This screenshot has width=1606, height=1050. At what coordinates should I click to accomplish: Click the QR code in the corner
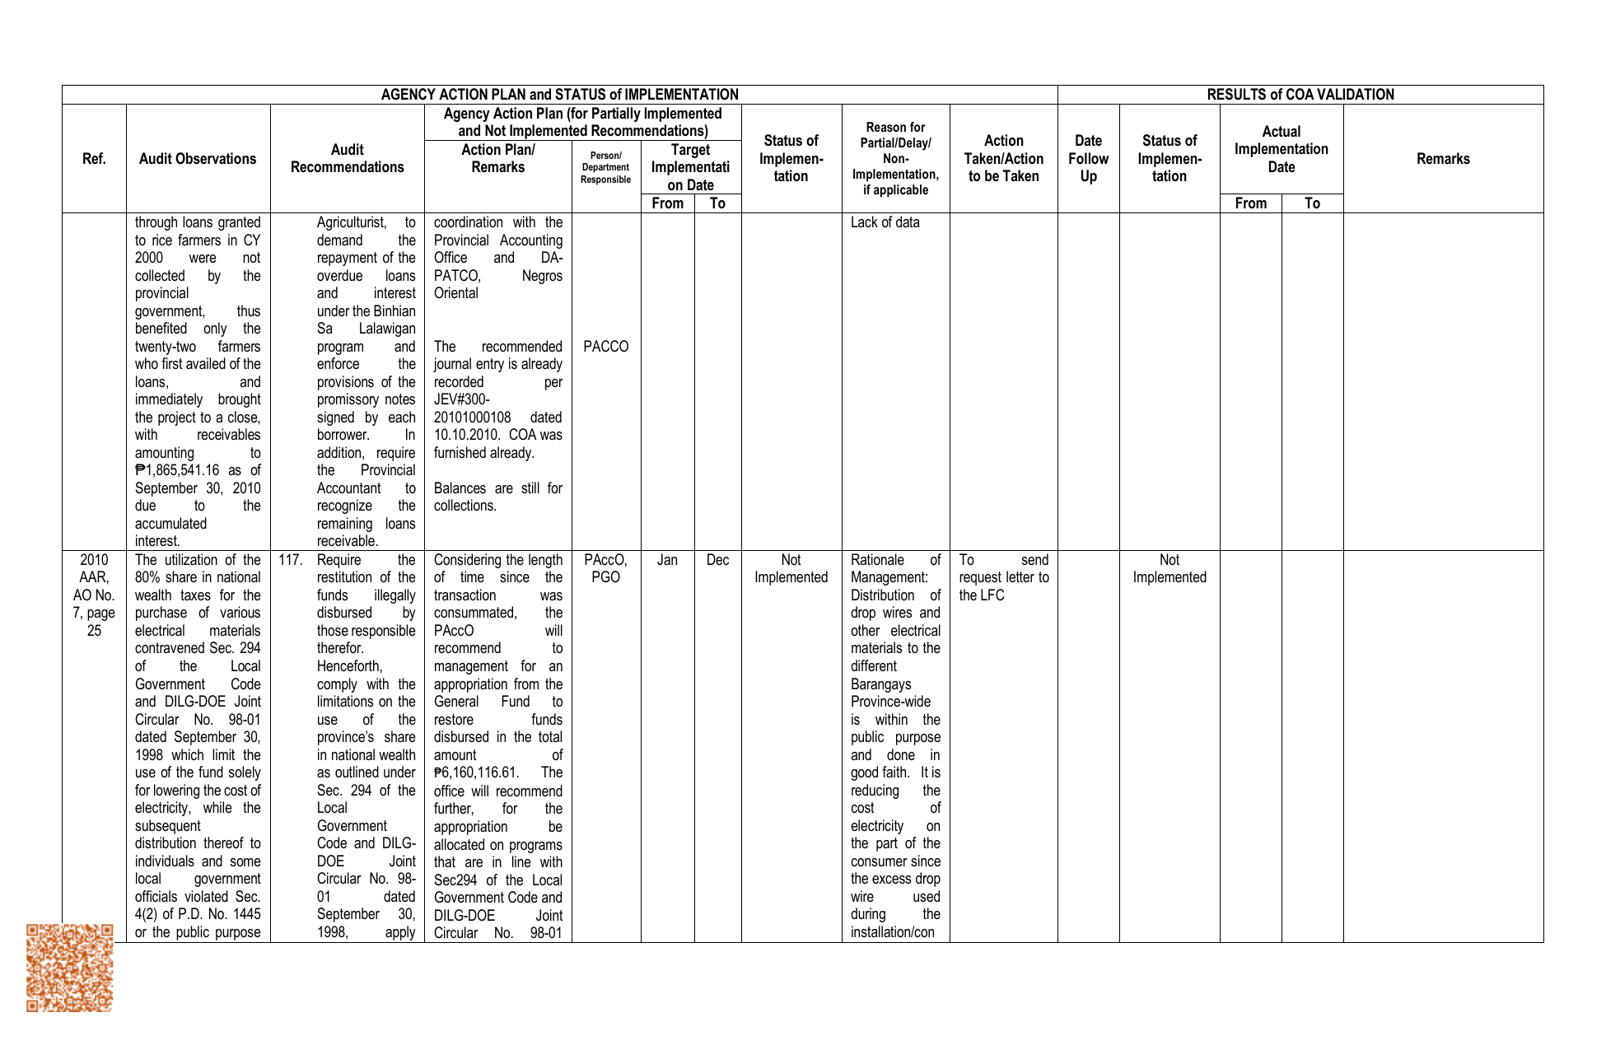point(69,968)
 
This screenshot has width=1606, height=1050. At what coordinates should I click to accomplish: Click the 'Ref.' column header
point(94,159)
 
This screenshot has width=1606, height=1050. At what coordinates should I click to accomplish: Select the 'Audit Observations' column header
point(198,159)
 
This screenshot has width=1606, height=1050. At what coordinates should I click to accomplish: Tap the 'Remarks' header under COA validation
point(1443,159)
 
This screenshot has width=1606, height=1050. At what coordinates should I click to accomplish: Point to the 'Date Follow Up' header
point(1088,159)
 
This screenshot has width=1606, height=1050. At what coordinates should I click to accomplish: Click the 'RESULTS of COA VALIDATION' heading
point(1300,95)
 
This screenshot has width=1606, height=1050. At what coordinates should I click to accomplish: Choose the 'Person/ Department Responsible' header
point(605,168)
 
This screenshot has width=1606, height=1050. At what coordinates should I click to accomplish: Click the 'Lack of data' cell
point(885,222)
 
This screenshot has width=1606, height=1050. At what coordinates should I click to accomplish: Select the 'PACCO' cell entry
point(605,347)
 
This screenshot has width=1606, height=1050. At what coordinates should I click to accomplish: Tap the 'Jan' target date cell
point(667,560)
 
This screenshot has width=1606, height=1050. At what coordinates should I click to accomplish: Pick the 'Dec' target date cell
point(717,560)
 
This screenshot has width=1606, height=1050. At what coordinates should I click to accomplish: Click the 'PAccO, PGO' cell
point(605,569)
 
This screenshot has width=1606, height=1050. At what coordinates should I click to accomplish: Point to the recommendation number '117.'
point(290,560)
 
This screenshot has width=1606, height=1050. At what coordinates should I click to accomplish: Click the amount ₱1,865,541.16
point(178,470)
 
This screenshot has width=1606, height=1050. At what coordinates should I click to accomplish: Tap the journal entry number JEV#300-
point(461,399)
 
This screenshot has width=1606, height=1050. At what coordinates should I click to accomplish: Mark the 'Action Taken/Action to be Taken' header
point(1003,159)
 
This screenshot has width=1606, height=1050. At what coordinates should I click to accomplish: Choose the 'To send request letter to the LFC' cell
point(1003,577)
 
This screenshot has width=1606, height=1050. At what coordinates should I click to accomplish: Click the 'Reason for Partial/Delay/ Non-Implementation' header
point(895,159)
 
